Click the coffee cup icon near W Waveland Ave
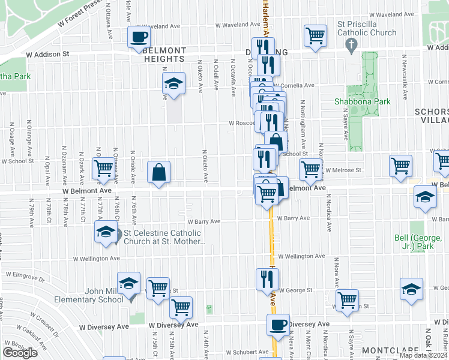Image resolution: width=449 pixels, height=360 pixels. pos(139,37)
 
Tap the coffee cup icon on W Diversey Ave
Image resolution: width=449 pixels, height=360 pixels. pos(278,325)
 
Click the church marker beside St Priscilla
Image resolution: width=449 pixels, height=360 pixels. pos(352,44)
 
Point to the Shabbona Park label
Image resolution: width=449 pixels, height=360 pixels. pos(363,101)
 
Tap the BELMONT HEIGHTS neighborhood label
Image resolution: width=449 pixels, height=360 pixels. pos(164,55)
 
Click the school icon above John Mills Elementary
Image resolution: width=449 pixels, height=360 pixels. pos(129,283)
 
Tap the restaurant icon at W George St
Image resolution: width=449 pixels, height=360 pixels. pos(267,278)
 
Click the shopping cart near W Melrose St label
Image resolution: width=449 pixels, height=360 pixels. pos(310,169)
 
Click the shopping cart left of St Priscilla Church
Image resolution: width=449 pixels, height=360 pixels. pos(315,36)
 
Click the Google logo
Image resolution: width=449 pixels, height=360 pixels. pos(20,352)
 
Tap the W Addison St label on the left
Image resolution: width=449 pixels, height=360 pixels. pos(48,54)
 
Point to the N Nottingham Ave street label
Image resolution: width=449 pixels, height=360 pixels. pos(303,132)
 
